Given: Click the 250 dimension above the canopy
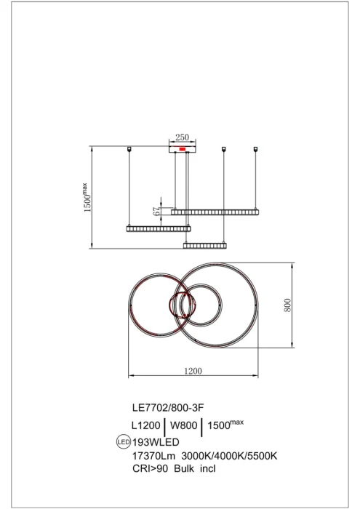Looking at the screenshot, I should [x=183, y=137].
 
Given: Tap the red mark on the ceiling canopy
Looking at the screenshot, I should [x=183, y=149].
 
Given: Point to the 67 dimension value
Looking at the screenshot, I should [x=156, y=210].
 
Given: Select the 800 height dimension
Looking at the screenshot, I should [x=287, y=305].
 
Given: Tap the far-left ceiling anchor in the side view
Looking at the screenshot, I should [x=129, y=150].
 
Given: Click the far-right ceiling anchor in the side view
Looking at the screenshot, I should [x=256, y=150].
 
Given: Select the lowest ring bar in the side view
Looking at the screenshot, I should [x=206, y=246].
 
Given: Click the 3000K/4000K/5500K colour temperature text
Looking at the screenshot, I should [x=231, y=455].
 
